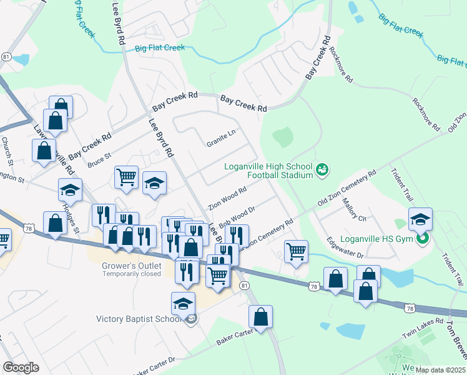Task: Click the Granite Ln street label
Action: point(222,142)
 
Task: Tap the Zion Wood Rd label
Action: point(228,197)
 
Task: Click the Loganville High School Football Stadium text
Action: point(268,171)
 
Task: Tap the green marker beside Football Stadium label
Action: point(323,169)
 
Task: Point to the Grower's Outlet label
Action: point(132,266)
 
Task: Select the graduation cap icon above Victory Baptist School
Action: point(183,303)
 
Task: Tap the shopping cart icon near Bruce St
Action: point(126,177)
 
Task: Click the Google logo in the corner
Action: point(21,367)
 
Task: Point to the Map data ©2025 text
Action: point(440,370)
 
